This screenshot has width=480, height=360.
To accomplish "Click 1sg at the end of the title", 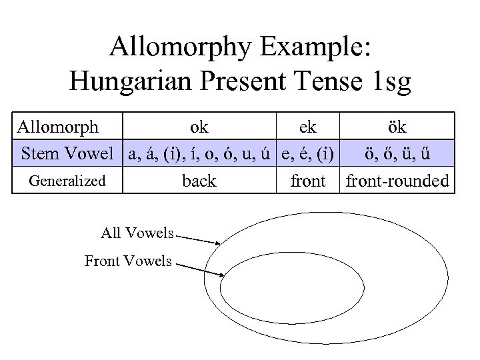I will (x=389, y=83).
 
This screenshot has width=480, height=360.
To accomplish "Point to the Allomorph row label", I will (x=58, y=127).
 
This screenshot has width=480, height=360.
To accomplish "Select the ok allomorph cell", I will (x=199, y=127).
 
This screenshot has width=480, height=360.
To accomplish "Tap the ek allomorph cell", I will (x=308, y=127).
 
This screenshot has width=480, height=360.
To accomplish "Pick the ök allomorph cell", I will (x=397, y=127).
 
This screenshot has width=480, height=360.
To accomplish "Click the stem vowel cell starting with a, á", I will (x=199, y=154).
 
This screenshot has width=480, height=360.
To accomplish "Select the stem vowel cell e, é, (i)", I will (x=308, y=154).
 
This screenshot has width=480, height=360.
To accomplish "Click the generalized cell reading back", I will (x=199, y=181).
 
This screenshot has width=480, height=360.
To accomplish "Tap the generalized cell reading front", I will (x=308, y=181).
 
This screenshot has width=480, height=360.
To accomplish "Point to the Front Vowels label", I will (x=128, y=261).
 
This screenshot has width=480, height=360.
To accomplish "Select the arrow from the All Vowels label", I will (x=200, y=239).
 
